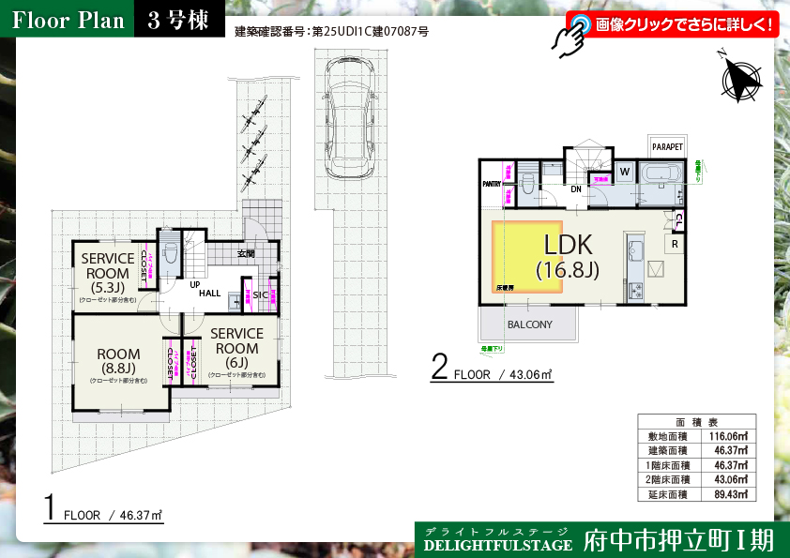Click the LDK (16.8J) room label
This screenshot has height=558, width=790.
[568, 255]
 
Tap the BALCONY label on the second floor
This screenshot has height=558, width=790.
[529, 324]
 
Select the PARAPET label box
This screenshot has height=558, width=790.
[667, 146]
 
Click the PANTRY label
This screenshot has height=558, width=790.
[492, 184]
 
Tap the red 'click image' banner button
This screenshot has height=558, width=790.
[672, 24]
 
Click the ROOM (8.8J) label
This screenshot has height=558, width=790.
[118, 360]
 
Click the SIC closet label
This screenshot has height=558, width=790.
[260, 294]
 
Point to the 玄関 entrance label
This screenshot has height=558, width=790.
[245, 253]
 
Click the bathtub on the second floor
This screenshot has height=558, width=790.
[663, 173]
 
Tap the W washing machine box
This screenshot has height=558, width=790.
[624, 172]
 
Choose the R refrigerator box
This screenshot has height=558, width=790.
[675, 243]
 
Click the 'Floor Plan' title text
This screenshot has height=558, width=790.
[68, 20]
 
